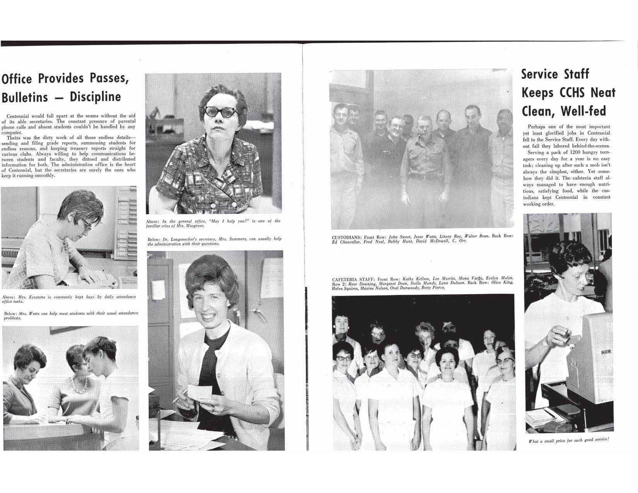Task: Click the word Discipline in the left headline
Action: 95,97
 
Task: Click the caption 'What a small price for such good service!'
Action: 569,440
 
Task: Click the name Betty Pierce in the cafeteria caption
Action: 432,288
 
